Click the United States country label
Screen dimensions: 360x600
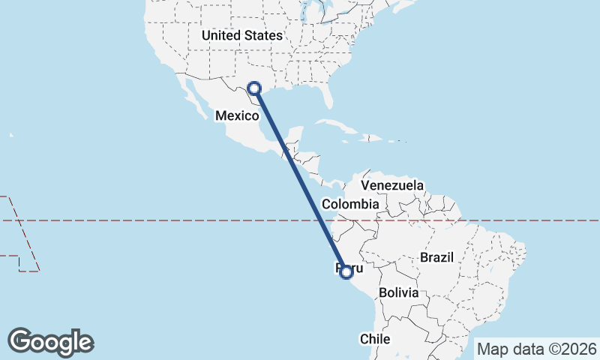pos(241,35)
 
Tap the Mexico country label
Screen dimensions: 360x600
pos(236,115)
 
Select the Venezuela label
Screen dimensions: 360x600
pos(392,185)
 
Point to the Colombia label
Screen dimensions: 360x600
pos(349,204)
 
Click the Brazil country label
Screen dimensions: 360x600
pos(437,257)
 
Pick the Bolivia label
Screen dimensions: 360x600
pos(398,292)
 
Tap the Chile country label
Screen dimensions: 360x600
pos(375,339)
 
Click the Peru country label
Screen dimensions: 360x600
pos(350,268)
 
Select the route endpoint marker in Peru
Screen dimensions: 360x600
pos(346,271)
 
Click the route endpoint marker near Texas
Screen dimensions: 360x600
pos(254,89)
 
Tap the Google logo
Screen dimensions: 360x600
pos(51,342)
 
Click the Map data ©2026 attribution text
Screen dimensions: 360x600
pos(536,349)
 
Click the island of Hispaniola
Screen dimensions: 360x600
pos(373,138)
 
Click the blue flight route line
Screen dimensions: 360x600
pos(300,180)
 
